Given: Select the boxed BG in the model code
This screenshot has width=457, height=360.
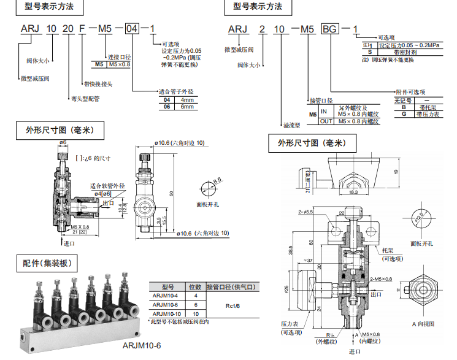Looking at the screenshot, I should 330,29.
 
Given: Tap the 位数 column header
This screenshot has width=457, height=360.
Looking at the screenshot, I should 194,287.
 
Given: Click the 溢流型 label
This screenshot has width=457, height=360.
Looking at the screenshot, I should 290,124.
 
